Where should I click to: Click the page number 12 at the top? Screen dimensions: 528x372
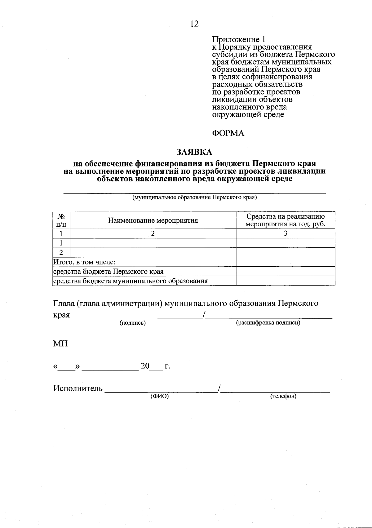pos(194,24)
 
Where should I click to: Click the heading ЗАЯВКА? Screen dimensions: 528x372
pos(194,152)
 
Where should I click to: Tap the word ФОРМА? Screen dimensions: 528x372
pos(228,133)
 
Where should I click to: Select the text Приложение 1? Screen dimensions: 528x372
pos(239,39)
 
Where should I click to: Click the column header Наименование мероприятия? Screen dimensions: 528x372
pos(153,220)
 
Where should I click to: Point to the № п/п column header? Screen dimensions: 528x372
pos(61,220)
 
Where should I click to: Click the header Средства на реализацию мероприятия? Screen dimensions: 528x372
pos(286,220)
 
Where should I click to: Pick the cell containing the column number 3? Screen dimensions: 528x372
pos(286,233)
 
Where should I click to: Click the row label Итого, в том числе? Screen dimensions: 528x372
pos(85,262)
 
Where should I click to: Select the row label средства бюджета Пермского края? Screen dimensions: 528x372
pos(108,272)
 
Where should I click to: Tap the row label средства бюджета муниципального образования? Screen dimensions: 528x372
pos(131,281)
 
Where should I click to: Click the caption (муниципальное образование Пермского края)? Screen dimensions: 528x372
pos(195,197)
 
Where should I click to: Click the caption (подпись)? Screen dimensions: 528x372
pos(133,323)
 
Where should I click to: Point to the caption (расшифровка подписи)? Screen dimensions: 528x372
pos(268,323)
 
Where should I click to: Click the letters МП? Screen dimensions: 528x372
pos(60,344)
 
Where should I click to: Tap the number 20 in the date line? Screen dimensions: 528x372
pos(145,366)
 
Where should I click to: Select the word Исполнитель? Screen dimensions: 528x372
pos(78,388)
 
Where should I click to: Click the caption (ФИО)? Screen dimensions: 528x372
pos(159,396)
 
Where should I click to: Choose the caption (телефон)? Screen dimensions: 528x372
pos(283,396)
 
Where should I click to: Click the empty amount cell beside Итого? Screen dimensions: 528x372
pos(286,262)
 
